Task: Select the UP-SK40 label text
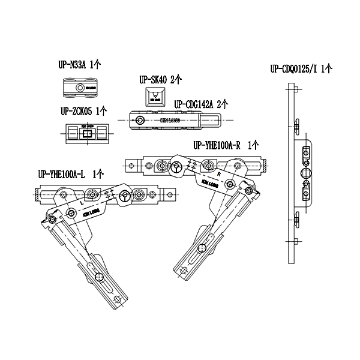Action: pyautogui.click(x=160, y=79)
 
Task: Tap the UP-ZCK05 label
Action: pyautogui.click(x=84, y=111)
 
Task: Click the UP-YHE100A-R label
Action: pyautogui.click(x=226, y=145)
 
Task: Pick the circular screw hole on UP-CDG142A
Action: pyautogui.click(x=140, y=121)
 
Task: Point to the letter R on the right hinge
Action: pyautogui.click(x=219, y=174)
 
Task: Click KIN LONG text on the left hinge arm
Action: pyautogui.click(x=92, y=212)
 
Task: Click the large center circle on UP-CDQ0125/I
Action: pyautogui.click(x=306, y=174)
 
